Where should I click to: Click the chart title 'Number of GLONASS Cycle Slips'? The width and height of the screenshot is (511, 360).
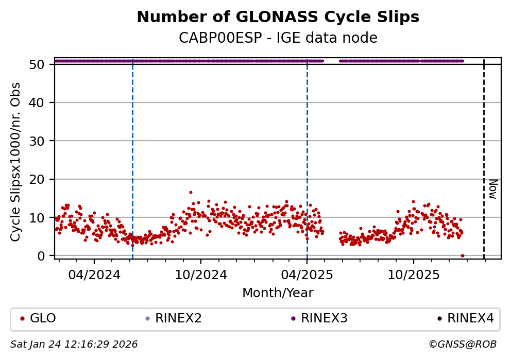278,18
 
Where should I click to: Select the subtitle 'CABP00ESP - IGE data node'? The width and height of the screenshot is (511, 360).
278,38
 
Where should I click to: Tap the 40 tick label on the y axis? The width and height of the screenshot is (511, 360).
41,102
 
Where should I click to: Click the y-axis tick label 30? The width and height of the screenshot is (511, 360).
41,141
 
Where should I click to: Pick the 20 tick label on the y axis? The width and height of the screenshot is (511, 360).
41,179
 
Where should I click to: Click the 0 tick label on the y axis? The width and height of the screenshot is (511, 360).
45,255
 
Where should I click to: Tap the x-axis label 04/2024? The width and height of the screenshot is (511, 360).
94,275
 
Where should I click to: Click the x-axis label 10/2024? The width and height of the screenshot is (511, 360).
201,275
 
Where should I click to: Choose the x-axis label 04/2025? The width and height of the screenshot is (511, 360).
307,275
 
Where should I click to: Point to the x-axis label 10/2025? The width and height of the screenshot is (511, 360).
414,275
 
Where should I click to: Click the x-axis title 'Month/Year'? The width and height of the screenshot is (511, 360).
278,293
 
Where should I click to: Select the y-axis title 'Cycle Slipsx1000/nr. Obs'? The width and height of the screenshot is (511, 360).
16,162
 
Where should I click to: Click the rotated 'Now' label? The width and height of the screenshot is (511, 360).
492,189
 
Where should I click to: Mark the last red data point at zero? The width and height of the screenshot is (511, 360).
462,255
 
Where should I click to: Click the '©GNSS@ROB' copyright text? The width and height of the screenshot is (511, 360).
462,344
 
